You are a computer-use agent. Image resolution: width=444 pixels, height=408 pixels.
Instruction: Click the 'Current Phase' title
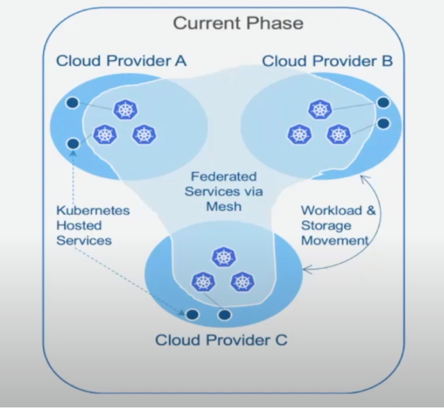(x=238, y=23)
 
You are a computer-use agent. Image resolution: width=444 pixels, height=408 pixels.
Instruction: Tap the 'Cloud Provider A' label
(x=121, y=60)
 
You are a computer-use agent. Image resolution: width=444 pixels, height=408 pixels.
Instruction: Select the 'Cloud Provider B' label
(x=327, y=61)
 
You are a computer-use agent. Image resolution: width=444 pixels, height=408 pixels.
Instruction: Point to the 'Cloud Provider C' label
(x=221, y=340)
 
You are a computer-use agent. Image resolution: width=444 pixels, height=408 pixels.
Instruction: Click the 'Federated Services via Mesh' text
(x=224, y=191)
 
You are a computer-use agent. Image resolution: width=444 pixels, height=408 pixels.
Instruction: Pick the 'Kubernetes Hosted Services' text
(x=93, y=225)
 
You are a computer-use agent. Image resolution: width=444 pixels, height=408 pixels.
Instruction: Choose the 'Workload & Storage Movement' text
(x=338, y=225)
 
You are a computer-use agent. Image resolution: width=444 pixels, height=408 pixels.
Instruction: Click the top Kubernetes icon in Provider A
(x=126, y=110)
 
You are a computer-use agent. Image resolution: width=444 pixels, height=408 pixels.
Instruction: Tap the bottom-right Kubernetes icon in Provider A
(x=144, y=134)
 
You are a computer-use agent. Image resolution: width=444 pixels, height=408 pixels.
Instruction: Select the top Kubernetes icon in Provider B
(x=320, y=110)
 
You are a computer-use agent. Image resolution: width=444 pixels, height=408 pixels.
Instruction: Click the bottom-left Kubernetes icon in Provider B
(x=300, y=134)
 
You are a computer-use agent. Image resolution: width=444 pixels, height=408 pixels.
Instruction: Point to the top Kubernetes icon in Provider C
(x=224, y=256)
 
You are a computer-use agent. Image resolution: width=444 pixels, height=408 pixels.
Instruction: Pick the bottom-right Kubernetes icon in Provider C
(x=243, y=282)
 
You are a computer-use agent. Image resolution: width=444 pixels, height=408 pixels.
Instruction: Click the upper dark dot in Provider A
(x=72, y=102)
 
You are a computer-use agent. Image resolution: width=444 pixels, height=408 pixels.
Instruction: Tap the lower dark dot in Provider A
(x=73, y=143)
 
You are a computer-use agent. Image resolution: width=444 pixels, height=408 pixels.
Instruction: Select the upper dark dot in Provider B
(x=384, y=102)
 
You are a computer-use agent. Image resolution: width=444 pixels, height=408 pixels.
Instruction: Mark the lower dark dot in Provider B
(x=384, y=124)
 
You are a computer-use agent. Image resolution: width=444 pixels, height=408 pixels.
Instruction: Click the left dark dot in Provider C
(x=192, y=314)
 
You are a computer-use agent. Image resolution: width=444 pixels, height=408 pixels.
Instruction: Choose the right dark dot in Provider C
(x=224, y=315)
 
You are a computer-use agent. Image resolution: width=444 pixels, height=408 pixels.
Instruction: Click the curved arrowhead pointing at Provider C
(x=306, y=269)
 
